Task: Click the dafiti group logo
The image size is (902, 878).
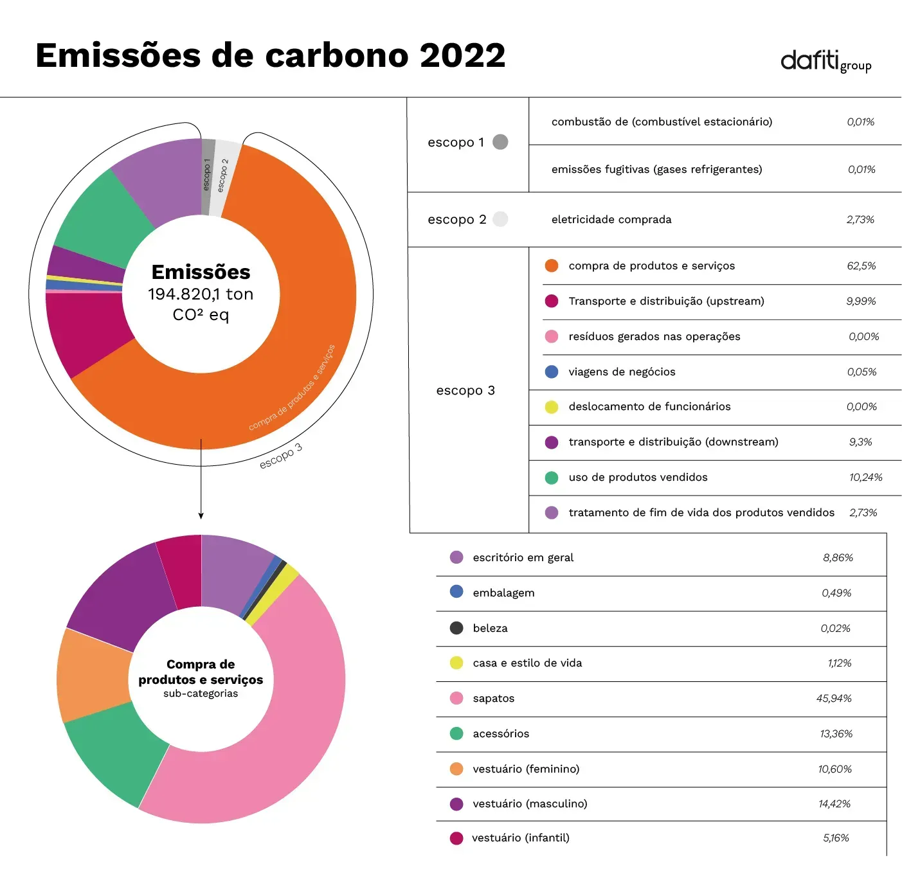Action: (x=825, y=62)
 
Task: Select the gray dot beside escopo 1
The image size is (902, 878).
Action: (x=500, y=142)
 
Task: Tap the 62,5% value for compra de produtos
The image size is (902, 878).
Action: (x=861, y=266)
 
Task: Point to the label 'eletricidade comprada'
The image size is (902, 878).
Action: (x=611, y=219)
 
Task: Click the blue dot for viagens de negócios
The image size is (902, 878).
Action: (x=551, y=372)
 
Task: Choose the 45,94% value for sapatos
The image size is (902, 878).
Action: (x=833, y=698)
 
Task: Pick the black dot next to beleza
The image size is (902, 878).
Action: (x=456, y=628)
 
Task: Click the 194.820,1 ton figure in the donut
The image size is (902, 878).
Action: (x=201, y=294)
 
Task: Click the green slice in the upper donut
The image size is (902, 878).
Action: (x=104, y=215)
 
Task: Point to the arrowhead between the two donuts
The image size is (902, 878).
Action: (x=201, y=515)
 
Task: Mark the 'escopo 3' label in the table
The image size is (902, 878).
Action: (x=465, y=391)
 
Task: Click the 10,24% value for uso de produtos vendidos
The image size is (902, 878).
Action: (x=865, y=477)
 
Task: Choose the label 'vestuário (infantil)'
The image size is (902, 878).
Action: (x=521, y=838)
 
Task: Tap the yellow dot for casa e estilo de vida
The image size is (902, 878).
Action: (x=456, y=663)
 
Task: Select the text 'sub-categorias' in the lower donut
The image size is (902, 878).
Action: (x=200, y=693)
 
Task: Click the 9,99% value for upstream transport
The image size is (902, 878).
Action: (x=861, y=301)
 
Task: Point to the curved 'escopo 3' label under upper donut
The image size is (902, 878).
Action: (x=281, y=456)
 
